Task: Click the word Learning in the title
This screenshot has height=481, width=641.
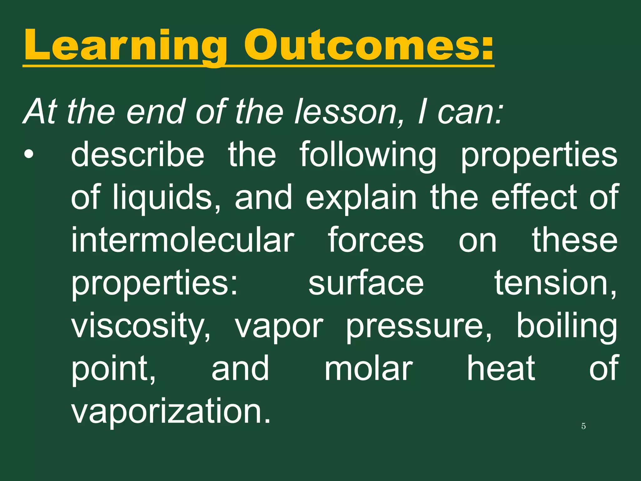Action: (125, 45)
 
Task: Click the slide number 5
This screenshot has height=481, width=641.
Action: (583, 426)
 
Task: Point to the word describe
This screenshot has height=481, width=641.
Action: (138, 155)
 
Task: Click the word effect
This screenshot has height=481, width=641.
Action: (534, 197)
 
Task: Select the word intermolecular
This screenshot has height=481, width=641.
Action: (183, 240)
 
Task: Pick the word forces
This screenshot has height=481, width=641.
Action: (376, 240)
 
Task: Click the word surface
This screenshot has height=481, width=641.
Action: (366, 282)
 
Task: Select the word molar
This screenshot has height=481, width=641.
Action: (369, 368)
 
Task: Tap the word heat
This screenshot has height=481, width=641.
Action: (501, 368)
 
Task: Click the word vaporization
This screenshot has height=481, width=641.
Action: (171, 411)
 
